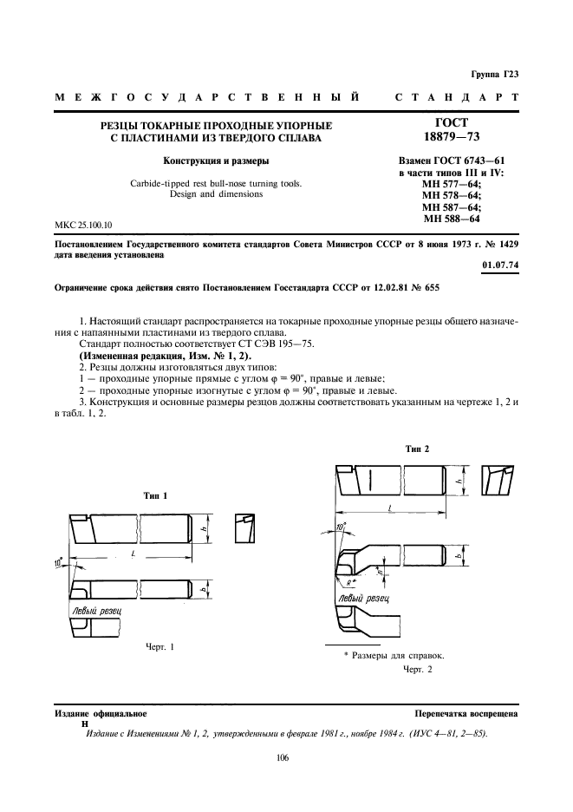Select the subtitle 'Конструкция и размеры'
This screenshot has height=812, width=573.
(205, 160)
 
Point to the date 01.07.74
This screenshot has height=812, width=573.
(501, 265)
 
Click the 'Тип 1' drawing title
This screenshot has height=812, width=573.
(157, 494)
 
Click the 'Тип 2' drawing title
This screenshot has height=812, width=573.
(417, 449)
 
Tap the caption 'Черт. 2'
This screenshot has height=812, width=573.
(417, 669)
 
